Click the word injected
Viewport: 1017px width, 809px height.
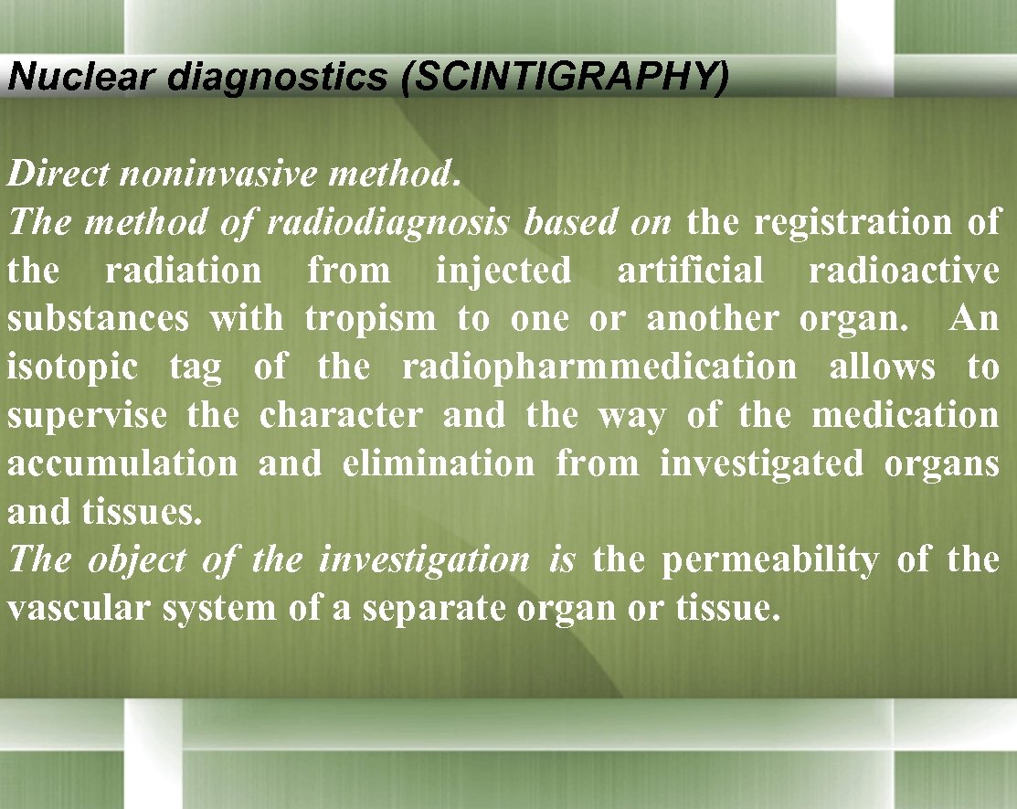click(x=503, y=271)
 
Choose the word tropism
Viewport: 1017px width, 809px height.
click(x=370, y=319)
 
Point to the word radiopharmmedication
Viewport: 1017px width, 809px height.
click(x=599, y=367)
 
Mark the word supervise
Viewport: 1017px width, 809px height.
click(x=88, y=416)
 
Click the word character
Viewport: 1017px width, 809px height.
click(x=341, y=416)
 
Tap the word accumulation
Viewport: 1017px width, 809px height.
click(x=122, y=463)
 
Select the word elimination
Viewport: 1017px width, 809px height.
click(x=438, y=463)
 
